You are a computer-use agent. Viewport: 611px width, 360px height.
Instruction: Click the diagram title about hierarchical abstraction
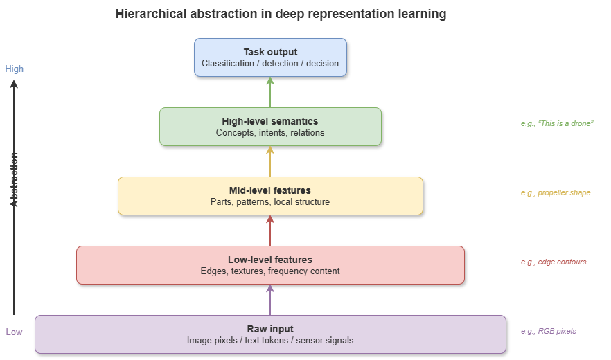pos(280,14)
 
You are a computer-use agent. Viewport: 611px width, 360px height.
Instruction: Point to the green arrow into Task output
pos(270,92)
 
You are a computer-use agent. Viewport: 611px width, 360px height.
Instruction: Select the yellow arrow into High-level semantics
pos(270,161)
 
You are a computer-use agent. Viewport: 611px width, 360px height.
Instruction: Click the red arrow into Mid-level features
pos(270,231)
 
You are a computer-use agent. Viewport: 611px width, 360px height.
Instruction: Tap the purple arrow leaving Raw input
pos(270,300)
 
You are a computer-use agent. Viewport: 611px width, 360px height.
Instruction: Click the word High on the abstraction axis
pos(15,69)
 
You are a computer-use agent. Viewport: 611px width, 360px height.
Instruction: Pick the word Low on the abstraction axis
pos(15,332)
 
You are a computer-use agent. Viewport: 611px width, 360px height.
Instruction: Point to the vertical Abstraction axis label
pos(15,180)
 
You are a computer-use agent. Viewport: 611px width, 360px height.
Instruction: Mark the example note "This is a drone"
pos(557,123)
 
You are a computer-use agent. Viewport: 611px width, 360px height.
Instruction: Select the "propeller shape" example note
pos(556,192)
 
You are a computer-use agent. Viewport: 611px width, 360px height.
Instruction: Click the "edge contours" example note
pos(554,262)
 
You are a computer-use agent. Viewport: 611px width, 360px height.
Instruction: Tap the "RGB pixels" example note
pos(549,331)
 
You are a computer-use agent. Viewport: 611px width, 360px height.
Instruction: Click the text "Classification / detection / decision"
pos(270,64)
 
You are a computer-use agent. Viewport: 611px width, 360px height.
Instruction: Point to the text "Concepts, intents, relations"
pos(270,133)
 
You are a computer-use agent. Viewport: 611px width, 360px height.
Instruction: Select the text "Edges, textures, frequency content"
pos(270,271)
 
